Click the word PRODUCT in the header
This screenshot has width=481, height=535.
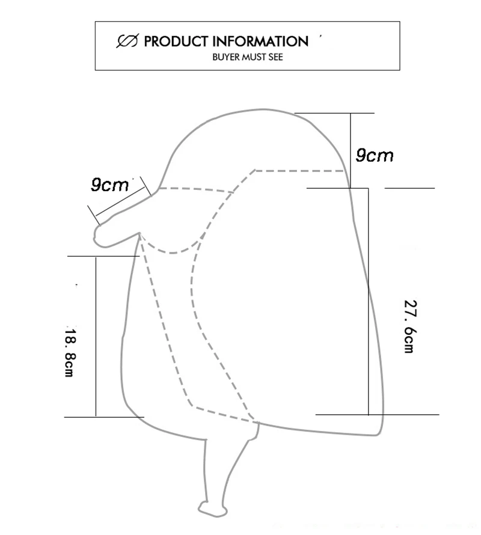tap(176, 41)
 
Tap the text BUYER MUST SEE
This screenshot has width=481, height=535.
tap(247, 58)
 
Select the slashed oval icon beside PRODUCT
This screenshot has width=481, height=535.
tap(127, 41)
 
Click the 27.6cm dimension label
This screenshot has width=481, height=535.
tap(409, 326)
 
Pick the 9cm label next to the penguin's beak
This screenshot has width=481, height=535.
tap(110, 185)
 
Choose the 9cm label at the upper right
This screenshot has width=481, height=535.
tap(374, 156)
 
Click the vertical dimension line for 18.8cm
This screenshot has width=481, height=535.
tap(96, 337)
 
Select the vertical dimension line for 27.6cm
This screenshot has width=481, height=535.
tap(368, 301)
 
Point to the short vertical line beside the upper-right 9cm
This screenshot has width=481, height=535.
tap(351, 150)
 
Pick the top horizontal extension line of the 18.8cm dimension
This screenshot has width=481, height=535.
tap(102, 256)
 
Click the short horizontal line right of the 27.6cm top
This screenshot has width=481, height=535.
tap(409, 188)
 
